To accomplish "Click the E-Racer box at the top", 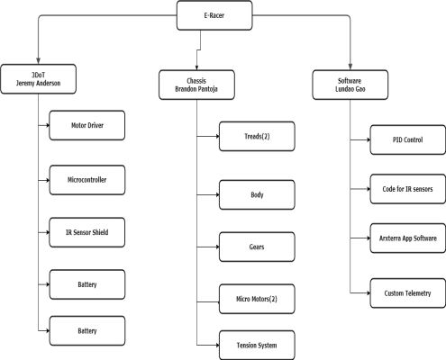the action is (214, 15).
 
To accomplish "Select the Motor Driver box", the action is (87, 125).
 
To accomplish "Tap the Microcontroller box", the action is (87, 180).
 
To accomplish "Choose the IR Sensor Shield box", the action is (87, 232).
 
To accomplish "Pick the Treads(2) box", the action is (257, 136).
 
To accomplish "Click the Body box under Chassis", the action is (257, 194).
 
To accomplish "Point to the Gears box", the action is (257, 247).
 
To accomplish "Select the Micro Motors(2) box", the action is (257, 299).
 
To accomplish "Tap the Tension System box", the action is (257, 346).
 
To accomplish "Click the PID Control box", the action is (408, 139).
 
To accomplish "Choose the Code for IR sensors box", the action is (408, 189).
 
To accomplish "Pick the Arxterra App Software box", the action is (408, 238).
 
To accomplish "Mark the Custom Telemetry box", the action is (408, 293).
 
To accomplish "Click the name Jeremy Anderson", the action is (39, 83).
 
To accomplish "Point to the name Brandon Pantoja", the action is (196, 89).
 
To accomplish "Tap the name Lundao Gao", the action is (350, 89).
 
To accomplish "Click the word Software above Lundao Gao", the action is (350, 81).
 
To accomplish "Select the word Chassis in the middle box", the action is (196, 81).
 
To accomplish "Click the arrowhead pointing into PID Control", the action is (368, 139).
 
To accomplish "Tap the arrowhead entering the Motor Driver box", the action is (47, 125).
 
